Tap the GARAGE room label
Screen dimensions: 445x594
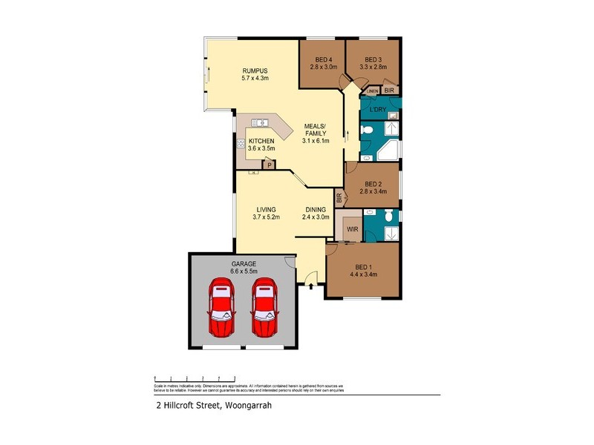click(x=243, y=264)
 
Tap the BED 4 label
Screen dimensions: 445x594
click(x=323, y=59)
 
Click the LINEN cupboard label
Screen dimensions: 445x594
click(x=372, y=90)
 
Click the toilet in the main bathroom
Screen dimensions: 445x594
click(x=368, y=131)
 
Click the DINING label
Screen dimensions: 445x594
click(x=314, y=210)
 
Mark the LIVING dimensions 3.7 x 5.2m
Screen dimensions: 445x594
click(x=267, y=218)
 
